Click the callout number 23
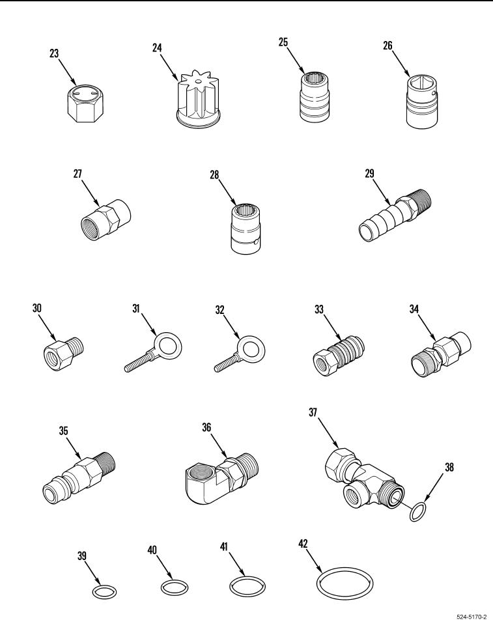tap(54, 53)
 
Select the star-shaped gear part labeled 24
tap(199, 99)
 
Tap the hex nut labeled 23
tap(84, 104)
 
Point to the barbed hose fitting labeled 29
tap(395, 216)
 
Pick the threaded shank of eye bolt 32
tap(226, 363)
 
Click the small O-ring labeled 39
tap(104, 592)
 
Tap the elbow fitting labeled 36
tap(221, 478)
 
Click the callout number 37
tap(313, 412)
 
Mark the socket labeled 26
tap(422, 102)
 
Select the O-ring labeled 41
tap(247, 586)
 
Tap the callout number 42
tap(303, 544)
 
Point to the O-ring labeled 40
tap(175, 587)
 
